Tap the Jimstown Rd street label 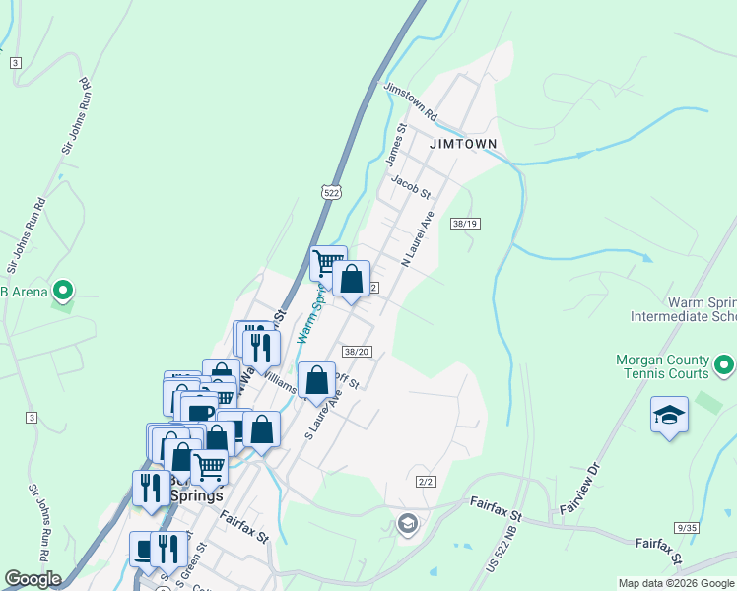point(412,102)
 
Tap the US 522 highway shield point(331,194)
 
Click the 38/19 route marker point(464,224)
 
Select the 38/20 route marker point(357,352)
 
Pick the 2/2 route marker point(426,482)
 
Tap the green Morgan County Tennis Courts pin point(725,366)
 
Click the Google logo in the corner point(33,579)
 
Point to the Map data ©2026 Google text point(676,583)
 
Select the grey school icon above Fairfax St point(407,524)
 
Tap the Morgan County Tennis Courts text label point(662,366)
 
